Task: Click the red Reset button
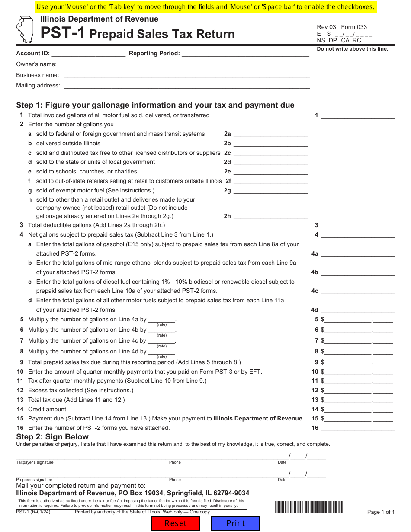(x=175, y=523)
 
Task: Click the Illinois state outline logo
(x=25, y=29)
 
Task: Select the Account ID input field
(x=88, y=54)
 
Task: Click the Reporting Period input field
(x=245, y=54)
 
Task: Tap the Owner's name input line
(x=187, y=64)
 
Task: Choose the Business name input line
(x=187, y=75)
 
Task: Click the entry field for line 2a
(x=270, y=134)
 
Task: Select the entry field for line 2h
(x=270, y=216)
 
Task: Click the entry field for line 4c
(x=357, y=291)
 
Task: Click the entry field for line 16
(x=357, y=428)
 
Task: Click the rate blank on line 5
(x=161, y=320)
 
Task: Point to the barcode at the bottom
(x=309, y=507)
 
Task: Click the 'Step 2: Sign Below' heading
(x=52, y=437)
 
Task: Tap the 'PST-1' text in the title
(x=63, y=34)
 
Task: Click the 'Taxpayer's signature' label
(x=35, y=462)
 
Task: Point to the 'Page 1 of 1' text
(x=381, y=512)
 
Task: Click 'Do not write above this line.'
(x=352, y=49)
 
